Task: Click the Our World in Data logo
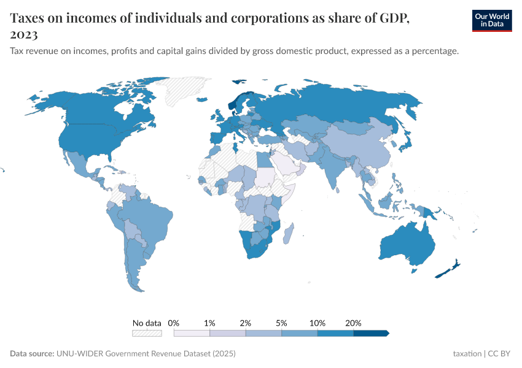[x=492, y=20]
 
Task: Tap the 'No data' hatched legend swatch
[x=147, y=333]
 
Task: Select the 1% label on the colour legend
[x=209, y=323]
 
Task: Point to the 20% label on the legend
[x=354, y=323]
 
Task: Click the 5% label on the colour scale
[x=282, y=323]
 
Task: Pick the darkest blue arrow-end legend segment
[x=372, y=333]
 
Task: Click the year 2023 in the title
[x=24, y=34]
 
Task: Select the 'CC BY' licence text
[x=500, y=354]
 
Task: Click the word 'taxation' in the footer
[x=467, y=354]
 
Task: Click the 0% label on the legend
[x=174, y=323]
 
